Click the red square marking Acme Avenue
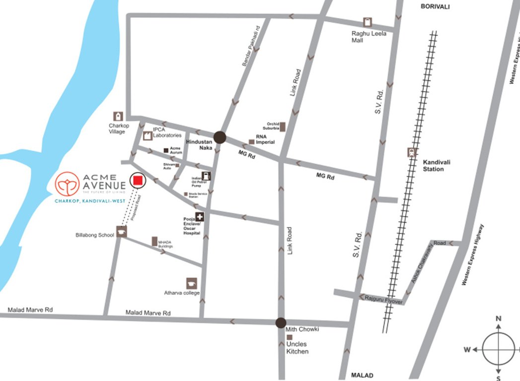[138, 181]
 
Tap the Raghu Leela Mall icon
[367, 23]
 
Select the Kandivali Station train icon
[412, 152]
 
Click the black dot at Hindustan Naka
[220, 137]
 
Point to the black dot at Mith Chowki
[281, 322]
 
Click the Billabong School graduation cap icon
[122, 232]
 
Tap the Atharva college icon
[192, 283]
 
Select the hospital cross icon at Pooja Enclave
[199, 217]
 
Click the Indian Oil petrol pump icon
[206, 176]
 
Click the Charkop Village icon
[119, 116]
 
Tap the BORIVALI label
[435, 6]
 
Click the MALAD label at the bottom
[362, 375]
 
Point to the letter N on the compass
[499, 318]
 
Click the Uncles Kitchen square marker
[289, 337]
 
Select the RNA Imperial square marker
[252, 142]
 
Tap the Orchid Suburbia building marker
[283, 127]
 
